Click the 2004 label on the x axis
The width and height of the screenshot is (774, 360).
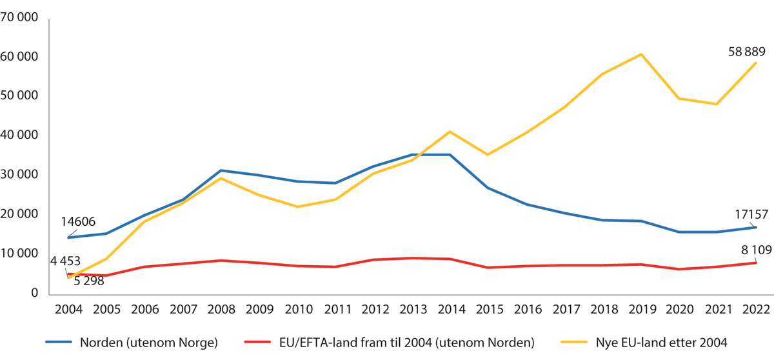[x=69, y=309]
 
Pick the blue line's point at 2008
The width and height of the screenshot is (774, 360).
[x=221, y=170]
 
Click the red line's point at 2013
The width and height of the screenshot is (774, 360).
[x=412, y=258]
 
